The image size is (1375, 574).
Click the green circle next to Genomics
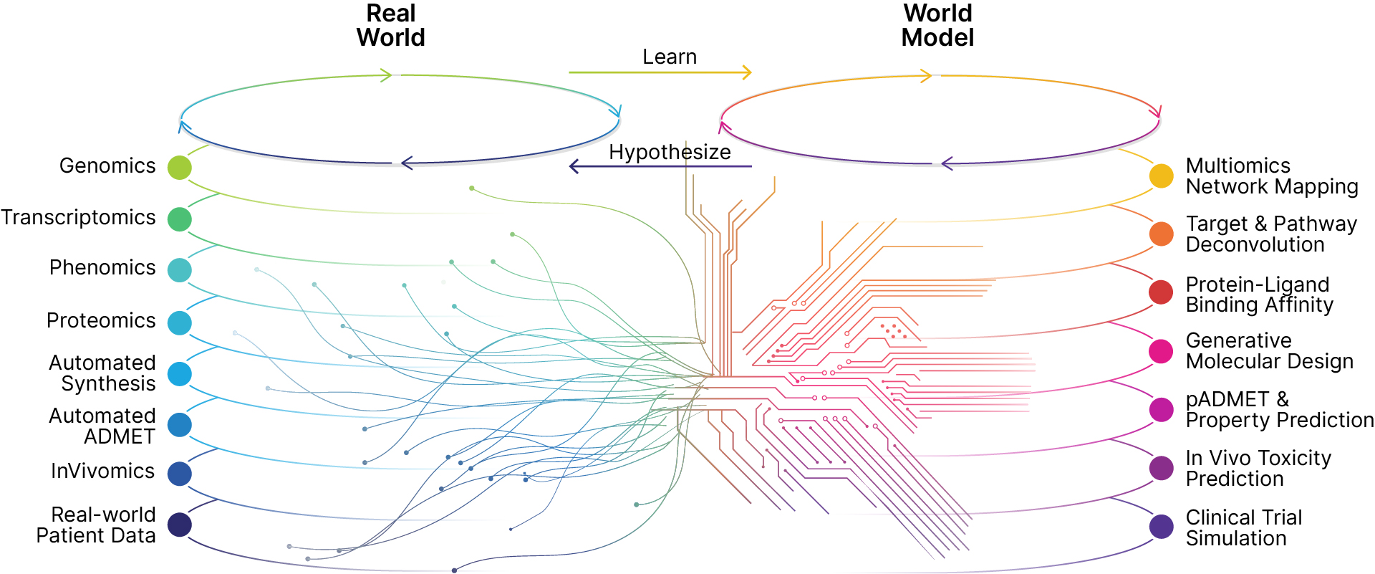pyautogui.click(x=179, y=167)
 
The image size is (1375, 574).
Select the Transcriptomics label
pyautogui.click(x=78, y=217)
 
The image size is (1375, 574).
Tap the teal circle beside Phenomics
pyautogui.click(x=179, y=270)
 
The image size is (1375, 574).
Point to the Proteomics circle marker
pyautogui.click(x=179, y=322)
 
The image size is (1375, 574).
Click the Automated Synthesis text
pyautogui.click(x=102, y=373)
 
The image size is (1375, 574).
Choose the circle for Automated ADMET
pyautogui.click(x=179, y=425)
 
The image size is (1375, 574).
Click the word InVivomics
pyautogui.click(x=102, y=471)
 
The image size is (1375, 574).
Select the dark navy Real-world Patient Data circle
pyautogui.click(x=179, y=525)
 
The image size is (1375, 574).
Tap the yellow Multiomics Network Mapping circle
pyautogui.click(x=1161, y=176)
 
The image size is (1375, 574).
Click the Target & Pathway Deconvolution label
pyautogui.click(x=1270, y=234)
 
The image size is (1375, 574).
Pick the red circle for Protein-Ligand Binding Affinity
pyautogui.click(x=1161, y=292)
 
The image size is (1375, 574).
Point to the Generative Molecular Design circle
pyautogui.click(x=1161, y=351)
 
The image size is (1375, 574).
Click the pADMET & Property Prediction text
pyautogui.click(x=1279, y=409)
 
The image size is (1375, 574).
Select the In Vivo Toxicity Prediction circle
pyautogui.click(x=1161, y=468)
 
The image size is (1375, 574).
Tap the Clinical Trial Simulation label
pyautogui.click(x=1243, y=527)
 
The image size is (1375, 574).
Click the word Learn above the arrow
pyautogui.click(x=669, y=57)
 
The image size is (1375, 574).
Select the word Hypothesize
pyautogui.click(x=670, y=152)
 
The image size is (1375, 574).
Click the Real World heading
pyautogui.click(x=391, y=25)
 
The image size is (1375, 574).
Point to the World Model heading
pyautogui.click(x=937, y=25)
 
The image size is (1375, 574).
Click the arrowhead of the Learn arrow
pyautogui.click(x=747, y=72)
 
